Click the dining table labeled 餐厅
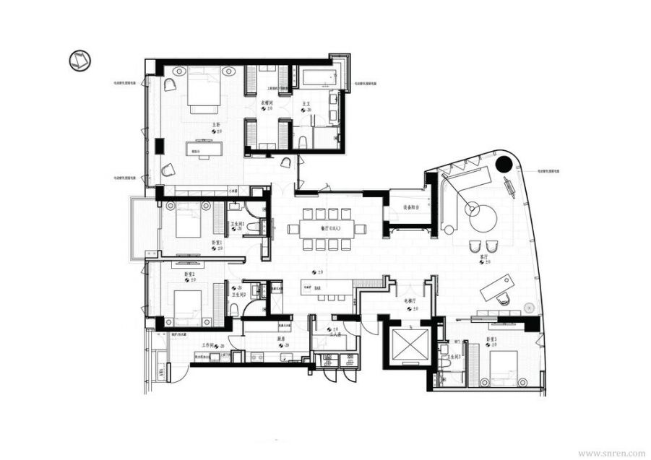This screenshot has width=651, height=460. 327,229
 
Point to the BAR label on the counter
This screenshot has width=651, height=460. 318,287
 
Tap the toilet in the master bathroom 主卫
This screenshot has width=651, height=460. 303,139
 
